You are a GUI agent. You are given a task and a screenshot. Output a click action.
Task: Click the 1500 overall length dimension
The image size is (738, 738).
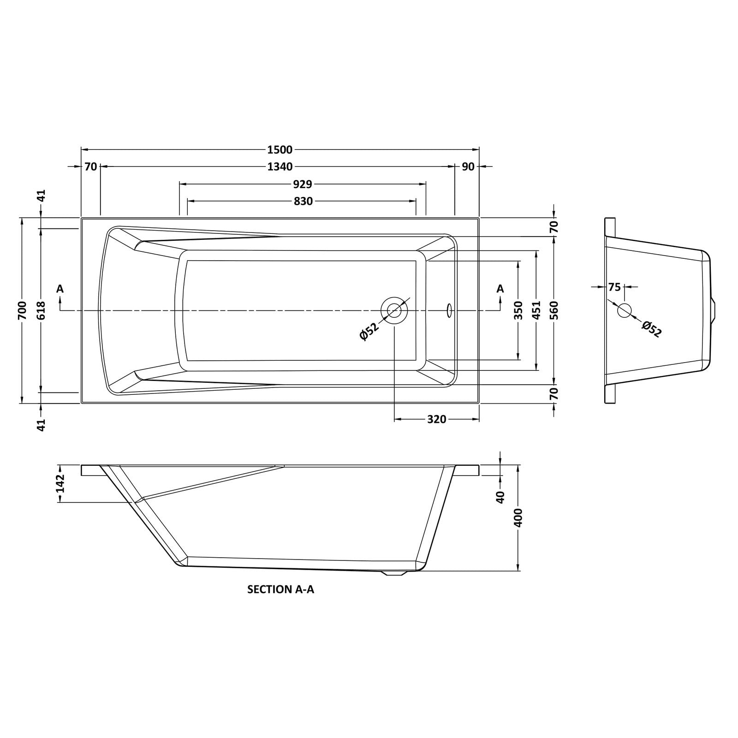pos(280,149)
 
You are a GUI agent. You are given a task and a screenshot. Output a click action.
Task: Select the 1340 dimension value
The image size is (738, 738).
pos(280,167)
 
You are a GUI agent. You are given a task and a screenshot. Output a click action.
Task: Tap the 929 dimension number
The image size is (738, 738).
pos(303,184)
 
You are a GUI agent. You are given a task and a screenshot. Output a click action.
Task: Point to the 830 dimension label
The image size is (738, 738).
pos(303,202)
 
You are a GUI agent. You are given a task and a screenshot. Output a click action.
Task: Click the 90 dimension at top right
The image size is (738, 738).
pos(468,167)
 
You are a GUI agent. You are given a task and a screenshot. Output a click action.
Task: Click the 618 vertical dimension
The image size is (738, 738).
pos(41,310)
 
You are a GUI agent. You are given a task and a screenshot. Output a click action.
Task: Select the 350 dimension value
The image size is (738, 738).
pos(518,310)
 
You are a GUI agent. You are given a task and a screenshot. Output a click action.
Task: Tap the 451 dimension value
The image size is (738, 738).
pos(536,310)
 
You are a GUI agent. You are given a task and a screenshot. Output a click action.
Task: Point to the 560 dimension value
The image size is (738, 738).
pos(554,310)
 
